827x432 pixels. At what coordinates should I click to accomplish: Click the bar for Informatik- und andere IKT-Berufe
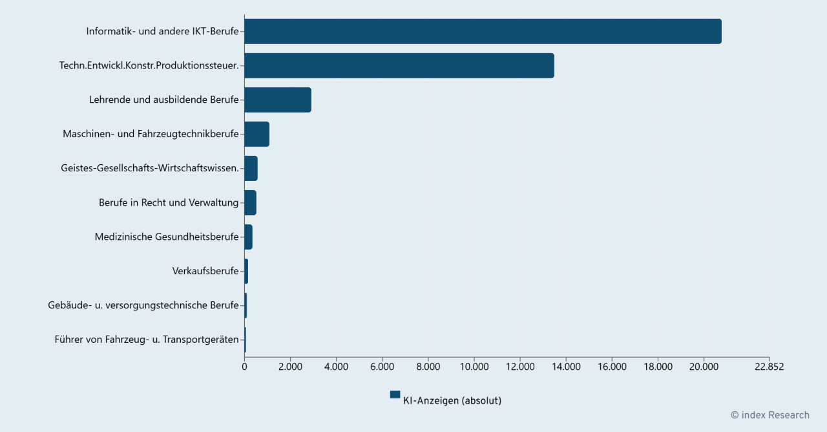pyautogui.click(x=483, y=31)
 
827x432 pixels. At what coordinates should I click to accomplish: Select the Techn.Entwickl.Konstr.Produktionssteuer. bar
pyautogui.click(x=399, y=65)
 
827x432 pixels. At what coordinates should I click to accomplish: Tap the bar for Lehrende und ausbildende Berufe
pyautogui.click(x=278, y=100)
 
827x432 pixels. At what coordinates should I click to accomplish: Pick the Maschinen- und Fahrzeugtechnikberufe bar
pyautogui.click(x=256, y=134)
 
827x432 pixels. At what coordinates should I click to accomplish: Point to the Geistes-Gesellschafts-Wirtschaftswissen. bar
pyautogui.click(x=251, y=168)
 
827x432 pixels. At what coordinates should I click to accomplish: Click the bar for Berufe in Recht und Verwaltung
pyautogui.click(x=250, y=202)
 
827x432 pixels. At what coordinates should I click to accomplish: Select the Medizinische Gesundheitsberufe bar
pyautogui.click(x=248, y=237)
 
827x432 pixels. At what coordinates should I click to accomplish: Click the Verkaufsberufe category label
pyautogui.click(x=205, y=271)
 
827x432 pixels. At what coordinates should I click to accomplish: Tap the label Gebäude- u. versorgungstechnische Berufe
pyautogui.click(x=143, y=305)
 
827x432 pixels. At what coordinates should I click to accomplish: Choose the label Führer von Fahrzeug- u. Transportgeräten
pyautogui.click(x=147, y=340)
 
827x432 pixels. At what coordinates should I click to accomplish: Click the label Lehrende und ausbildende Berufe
pyautogui.click(x=164, y=100)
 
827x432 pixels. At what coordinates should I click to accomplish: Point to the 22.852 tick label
pyautogui.click(x=769, y=367)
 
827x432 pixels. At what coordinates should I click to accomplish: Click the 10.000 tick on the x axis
pyautogui.click(x=474, y=367)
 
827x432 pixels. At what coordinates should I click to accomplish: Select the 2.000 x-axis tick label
pyautogui.click(x=290, y=367)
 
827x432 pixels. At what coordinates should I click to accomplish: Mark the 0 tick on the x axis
pyautogui.click(x=244, y=367)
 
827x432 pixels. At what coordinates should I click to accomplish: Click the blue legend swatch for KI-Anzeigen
pyautogui.click(x=395, y=394)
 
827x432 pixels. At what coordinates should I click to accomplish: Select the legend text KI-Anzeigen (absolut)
pyautogui.click(x=452, y=401)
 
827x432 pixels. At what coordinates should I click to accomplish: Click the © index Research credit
pyautogui.click(x=769, y=415)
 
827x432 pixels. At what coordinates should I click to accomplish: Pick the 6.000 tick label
pyautogui.click(x=382, y=367)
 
